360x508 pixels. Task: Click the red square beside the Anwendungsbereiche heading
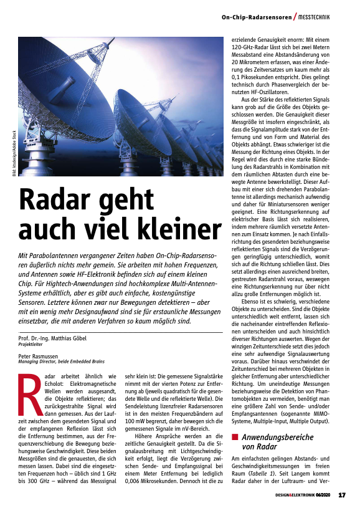pos(235,437)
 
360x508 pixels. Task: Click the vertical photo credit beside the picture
pos(14,155)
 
